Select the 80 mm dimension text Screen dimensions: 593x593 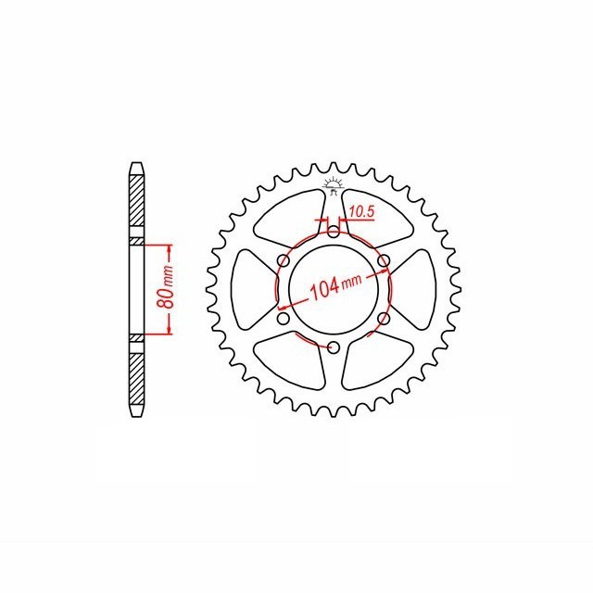166,289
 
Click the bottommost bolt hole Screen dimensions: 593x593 333,347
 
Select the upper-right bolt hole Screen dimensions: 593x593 383,261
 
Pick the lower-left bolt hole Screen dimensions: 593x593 284,320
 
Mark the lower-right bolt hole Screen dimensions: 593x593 383,320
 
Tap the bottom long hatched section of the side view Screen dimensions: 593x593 136,375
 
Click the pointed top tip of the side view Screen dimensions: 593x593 136,166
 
